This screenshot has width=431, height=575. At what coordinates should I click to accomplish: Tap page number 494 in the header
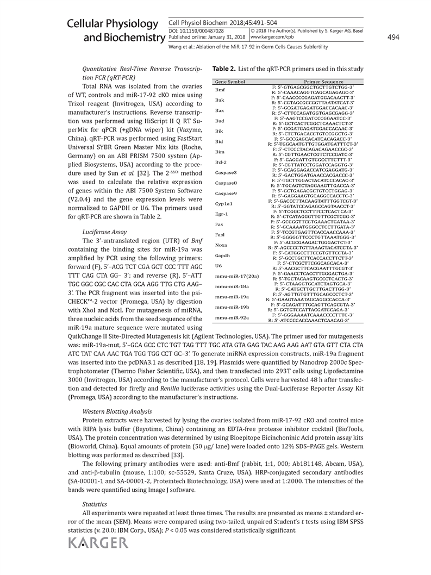393,37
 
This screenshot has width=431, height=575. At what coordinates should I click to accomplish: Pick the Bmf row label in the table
220,89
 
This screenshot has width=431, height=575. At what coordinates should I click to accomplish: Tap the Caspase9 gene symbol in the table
226,193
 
